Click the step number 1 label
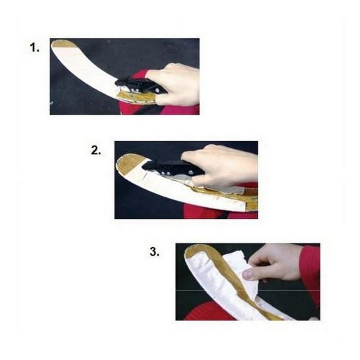coord(34,48)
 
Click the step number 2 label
coord(96,150)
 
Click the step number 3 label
coord(154,252)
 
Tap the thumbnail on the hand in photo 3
coord(248,274)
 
